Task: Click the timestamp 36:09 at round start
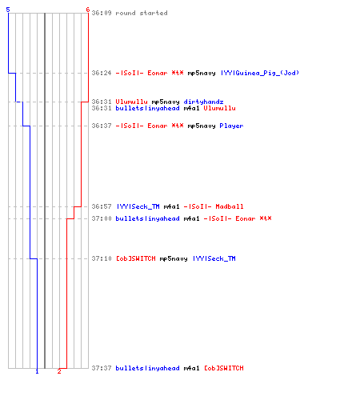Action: pos(102,13)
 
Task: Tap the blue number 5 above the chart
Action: pos(8,10)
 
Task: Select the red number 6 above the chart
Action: pos(88,10)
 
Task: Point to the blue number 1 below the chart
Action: pos(37,371)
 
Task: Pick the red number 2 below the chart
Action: pos(59,371)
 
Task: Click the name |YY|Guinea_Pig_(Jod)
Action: pos(260,73)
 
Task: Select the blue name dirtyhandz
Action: pos(203,102)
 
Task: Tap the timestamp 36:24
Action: pos(102,73)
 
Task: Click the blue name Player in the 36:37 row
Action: pos(231,126)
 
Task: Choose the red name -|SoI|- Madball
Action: pos(214,206)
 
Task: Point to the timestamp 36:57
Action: pos(102,206)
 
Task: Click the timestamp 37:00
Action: pos(102,218)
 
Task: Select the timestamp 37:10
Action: pos(102,258)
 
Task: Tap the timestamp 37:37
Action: pos(102,368)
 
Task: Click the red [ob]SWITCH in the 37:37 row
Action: pos(224,368)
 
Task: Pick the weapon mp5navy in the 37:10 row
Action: pos(174,258)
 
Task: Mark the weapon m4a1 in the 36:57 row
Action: pos(171,206)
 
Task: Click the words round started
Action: pos(142,13)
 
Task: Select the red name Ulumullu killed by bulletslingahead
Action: pos(219,108)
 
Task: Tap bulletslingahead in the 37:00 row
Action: pos(147,218)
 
